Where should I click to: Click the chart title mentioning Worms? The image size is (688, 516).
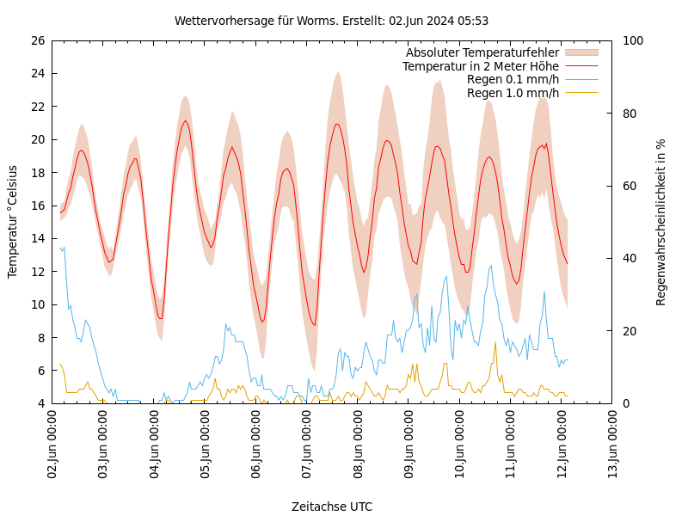(331, 21)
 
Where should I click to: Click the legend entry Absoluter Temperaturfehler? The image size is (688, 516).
(482, 53)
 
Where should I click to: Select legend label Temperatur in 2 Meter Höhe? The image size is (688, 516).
(480, 66)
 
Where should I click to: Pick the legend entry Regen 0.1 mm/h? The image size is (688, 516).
(513, 79)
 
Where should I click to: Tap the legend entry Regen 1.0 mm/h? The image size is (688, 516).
(513, 92)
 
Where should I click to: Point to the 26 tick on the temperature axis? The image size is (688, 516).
(37, 40)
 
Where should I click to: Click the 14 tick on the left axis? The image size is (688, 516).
(37, 238)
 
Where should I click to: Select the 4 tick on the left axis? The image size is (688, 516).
(40, 403)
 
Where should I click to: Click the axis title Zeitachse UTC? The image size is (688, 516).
(332, 507)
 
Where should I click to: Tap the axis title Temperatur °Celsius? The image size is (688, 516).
(13, 221)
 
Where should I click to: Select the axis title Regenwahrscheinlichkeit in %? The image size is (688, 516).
(661, 222)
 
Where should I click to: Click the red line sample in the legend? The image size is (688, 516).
(581, 66)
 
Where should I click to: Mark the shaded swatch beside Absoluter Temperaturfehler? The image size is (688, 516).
(581, 53)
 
